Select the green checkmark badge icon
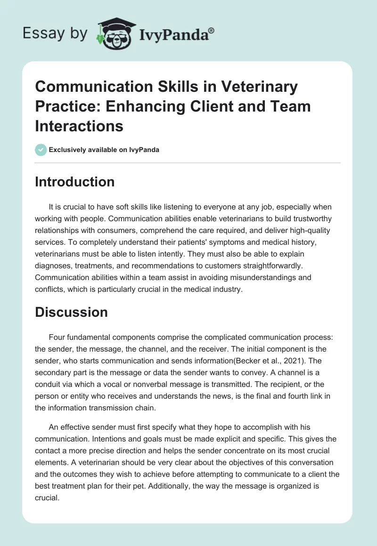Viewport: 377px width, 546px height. click(41, 150)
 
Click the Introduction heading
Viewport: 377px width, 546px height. click(74, 182)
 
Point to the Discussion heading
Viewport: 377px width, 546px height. click(71, 312)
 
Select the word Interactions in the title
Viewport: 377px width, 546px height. click(79, 126)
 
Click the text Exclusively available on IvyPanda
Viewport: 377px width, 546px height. click(104, 150)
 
